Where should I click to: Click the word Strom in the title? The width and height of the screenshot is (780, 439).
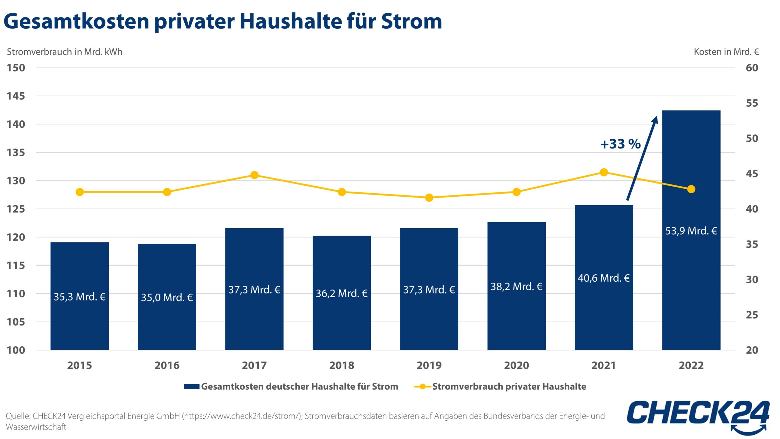pos(411,21)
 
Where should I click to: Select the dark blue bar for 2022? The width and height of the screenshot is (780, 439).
pos(691,290)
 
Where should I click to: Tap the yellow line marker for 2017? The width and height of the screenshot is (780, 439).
pos(254,175)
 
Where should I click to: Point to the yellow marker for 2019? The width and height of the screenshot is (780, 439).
pos(429,198)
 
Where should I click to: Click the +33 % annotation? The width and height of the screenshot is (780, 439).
pos(620,144)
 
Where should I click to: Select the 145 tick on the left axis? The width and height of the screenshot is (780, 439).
pos(16,96)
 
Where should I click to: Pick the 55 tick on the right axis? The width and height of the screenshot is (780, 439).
pos(752,103)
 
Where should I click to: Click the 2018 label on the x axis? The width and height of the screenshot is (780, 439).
pos(342,365)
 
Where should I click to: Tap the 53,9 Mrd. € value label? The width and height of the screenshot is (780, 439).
pos(691,231)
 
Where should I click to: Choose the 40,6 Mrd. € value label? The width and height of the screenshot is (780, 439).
pos(604,278)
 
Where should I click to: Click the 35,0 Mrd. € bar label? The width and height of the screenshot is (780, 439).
pos(167,297)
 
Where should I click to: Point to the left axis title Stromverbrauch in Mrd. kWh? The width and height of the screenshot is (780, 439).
pos(65,52)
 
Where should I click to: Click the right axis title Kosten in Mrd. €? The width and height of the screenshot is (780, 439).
pos(726,52)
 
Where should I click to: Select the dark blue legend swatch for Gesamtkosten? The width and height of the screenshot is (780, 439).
pos(192,387)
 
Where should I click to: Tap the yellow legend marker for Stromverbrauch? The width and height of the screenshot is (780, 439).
pos(423,387)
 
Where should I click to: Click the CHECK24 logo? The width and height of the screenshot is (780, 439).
pos(698,416)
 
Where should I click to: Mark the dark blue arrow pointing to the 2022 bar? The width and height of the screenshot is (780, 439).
pos(642,159)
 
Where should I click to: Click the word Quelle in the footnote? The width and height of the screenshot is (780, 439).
pos(18,416)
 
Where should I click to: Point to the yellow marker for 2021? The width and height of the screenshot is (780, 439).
pos(604,172)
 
